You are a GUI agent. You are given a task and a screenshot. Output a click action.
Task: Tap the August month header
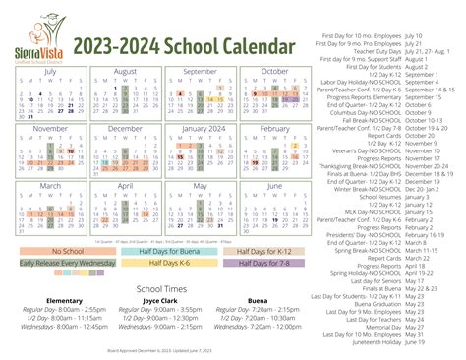[x=124, y=72]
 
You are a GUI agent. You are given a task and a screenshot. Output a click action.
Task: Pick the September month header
[x=202, y=72]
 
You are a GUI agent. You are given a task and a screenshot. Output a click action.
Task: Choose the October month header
[x=274, y=72]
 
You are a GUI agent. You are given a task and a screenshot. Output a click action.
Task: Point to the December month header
[x=124, y=128]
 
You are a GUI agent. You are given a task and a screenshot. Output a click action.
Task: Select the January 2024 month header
[x=202, y=128]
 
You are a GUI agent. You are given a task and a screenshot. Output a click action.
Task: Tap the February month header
[x=274, y=128]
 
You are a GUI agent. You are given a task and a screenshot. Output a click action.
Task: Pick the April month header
[x=124, y=185]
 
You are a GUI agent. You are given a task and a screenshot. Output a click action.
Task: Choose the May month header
[x=202, y=185]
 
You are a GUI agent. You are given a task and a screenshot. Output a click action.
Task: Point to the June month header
[x=274, y=185]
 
